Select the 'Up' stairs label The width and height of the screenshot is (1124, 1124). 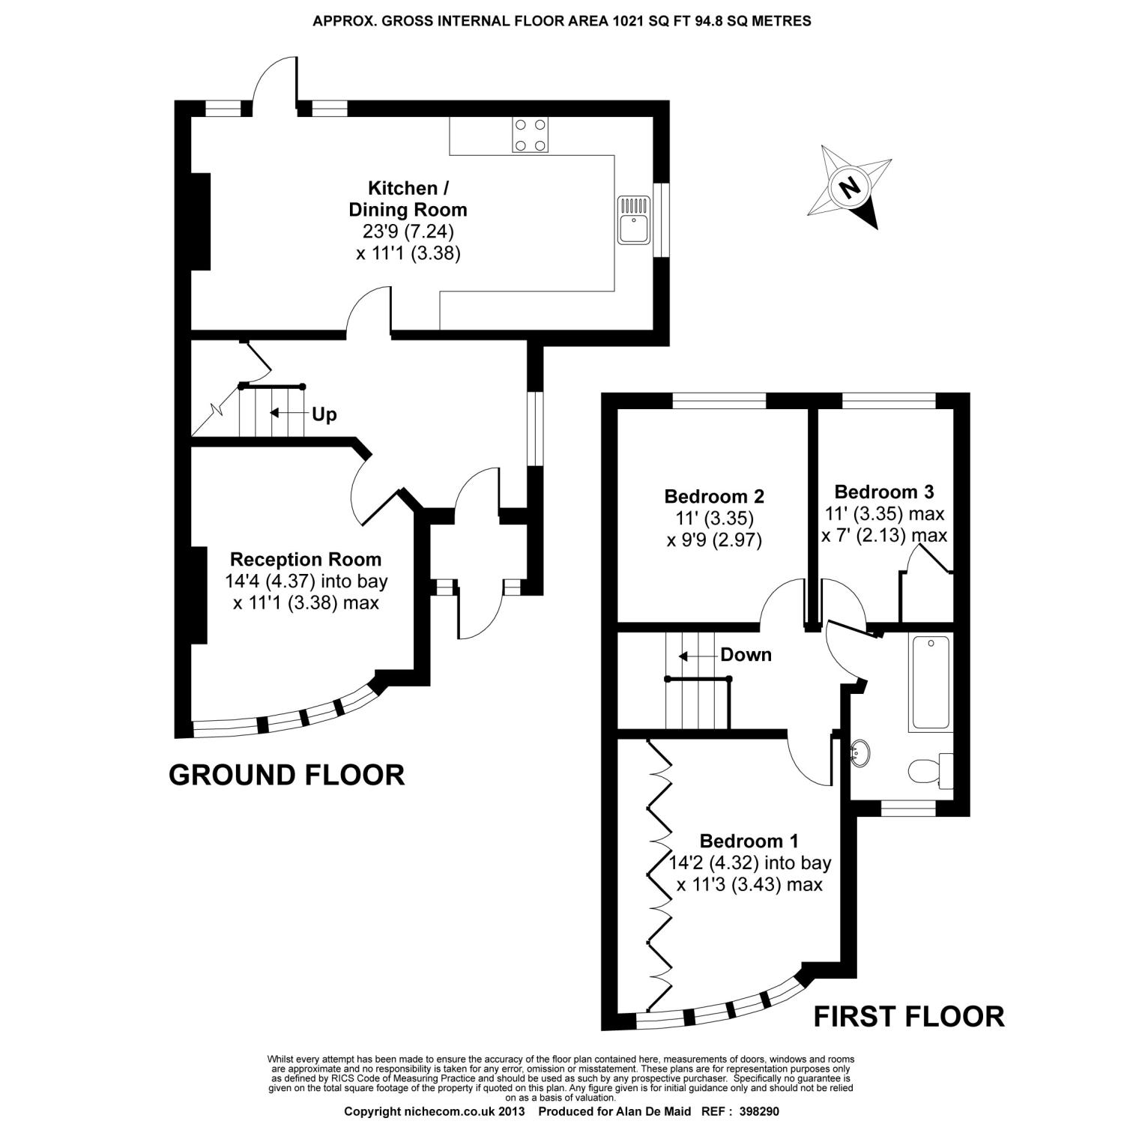pos(324,414)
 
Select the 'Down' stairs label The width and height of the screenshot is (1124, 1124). pos(746,655)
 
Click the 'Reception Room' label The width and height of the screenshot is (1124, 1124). pos(305,559)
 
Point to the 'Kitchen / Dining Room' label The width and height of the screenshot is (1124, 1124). pos(408,199)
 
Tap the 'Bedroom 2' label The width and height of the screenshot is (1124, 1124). pos(713,496)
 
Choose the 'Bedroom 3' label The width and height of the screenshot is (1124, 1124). pos(883,492)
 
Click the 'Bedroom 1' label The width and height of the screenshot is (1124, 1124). pos(749,841)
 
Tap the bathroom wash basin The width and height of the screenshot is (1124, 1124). pos(862,752)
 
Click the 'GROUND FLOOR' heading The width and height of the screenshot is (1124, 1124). pos(286,775)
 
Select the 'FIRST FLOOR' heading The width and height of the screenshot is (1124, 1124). pos(908,1017)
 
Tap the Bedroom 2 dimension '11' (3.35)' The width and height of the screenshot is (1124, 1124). pos(713,518)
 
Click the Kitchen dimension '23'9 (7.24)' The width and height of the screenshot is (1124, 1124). pos(408,231)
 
